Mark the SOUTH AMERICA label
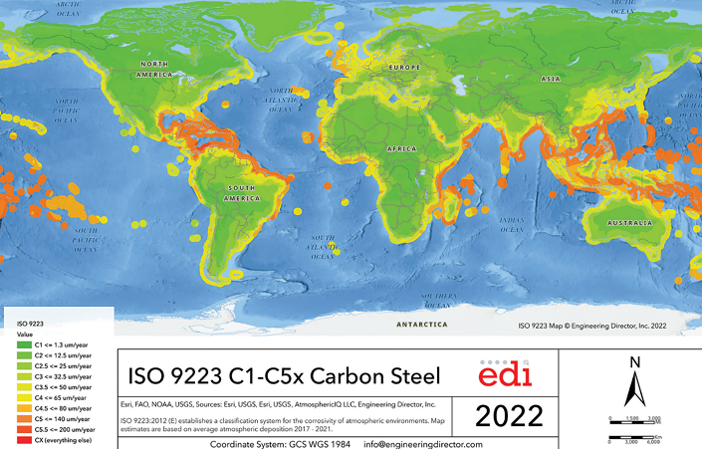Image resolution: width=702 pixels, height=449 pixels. tap(248, 189)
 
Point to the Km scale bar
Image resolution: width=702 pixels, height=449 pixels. tap(648, 435)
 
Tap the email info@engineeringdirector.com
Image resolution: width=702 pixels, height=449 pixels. tap(423, 444)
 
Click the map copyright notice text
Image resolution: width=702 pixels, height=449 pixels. tap(604, 325)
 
